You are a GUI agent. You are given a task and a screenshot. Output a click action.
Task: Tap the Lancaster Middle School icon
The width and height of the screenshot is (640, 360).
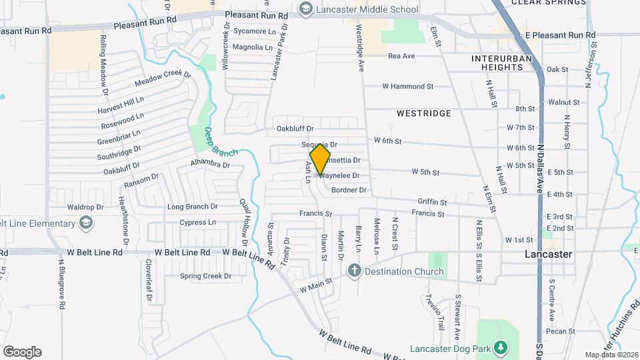306,9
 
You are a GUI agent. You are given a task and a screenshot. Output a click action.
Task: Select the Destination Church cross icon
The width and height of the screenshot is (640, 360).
354,271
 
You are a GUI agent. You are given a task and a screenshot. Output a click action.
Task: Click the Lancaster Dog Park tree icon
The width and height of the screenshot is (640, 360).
505,349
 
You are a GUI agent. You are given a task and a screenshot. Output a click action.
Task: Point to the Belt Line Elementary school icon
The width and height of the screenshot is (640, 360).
86,223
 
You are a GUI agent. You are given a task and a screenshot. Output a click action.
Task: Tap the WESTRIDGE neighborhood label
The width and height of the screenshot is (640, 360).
423,114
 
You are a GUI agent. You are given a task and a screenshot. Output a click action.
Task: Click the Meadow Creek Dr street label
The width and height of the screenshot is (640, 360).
162,79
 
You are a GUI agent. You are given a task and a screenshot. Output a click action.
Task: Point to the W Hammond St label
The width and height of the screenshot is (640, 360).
407,86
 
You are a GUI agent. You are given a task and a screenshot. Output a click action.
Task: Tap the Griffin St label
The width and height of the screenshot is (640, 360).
432,201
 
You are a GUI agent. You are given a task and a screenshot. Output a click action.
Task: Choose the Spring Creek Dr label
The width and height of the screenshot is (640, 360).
205,275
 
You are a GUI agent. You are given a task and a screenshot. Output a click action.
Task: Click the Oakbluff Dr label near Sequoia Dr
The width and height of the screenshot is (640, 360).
295,129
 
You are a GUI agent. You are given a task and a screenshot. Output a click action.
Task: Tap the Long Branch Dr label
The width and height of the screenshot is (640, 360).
193,207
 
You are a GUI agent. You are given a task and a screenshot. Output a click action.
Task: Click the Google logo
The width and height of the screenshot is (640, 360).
21,352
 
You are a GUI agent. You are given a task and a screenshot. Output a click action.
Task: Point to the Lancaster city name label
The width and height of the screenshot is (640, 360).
548,255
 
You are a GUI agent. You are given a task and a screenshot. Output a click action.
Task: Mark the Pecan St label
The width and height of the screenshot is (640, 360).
560,331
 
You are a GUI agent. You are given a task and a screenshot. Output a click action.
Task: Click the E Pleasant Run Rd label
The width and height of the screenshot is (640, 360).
560,35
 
